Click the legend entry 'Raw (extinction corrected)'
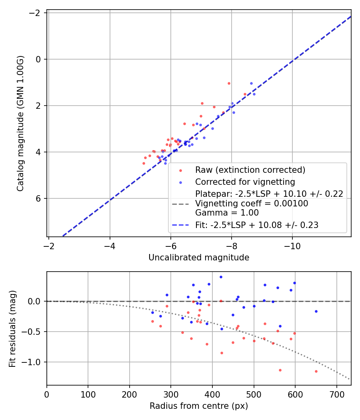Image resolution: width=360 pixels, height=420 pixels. click(x=250, y=170)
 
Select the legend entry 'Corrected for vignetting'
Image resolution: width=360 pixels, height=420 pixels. click(x=245, y=182)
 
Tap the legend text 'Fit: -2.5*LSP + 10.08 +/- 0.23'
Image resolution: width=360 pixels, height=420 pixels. click(x=257, y=225)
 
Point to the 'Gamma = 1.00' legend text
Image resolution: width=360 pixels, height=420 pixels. click(x=227, y=213)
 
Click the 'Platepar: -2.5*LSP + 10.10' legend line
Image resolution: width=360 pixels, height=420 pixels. click(x=269, y=194)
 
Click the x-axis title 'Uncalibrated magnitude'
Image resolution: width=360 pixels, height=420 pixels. click(x=199, y=258)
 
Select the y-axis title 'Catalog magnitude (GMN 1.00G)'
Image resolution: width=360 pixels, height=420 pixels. click(x=21, y=123)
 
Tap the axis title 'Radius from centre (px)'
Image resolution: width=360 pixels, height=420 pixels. click(x=199, y=406)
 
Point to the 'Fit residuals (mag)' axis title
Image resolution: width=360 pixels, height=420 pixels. click(x=12, y=328)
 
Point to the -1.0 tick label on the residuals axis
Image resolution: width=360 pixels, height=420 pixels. click(x=33, y=362)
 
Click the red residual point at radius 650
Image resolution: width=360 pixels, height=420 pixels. click(x=316, y=371)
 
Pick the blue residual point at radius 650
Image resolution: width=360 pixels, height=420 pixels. click(x=316, y=311)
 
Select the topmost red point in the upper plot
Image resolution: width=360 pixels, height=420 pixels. click(x=229, y=83)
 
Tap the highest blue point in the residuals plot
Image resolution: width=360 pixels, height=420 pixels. click(x=221, y=277)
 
